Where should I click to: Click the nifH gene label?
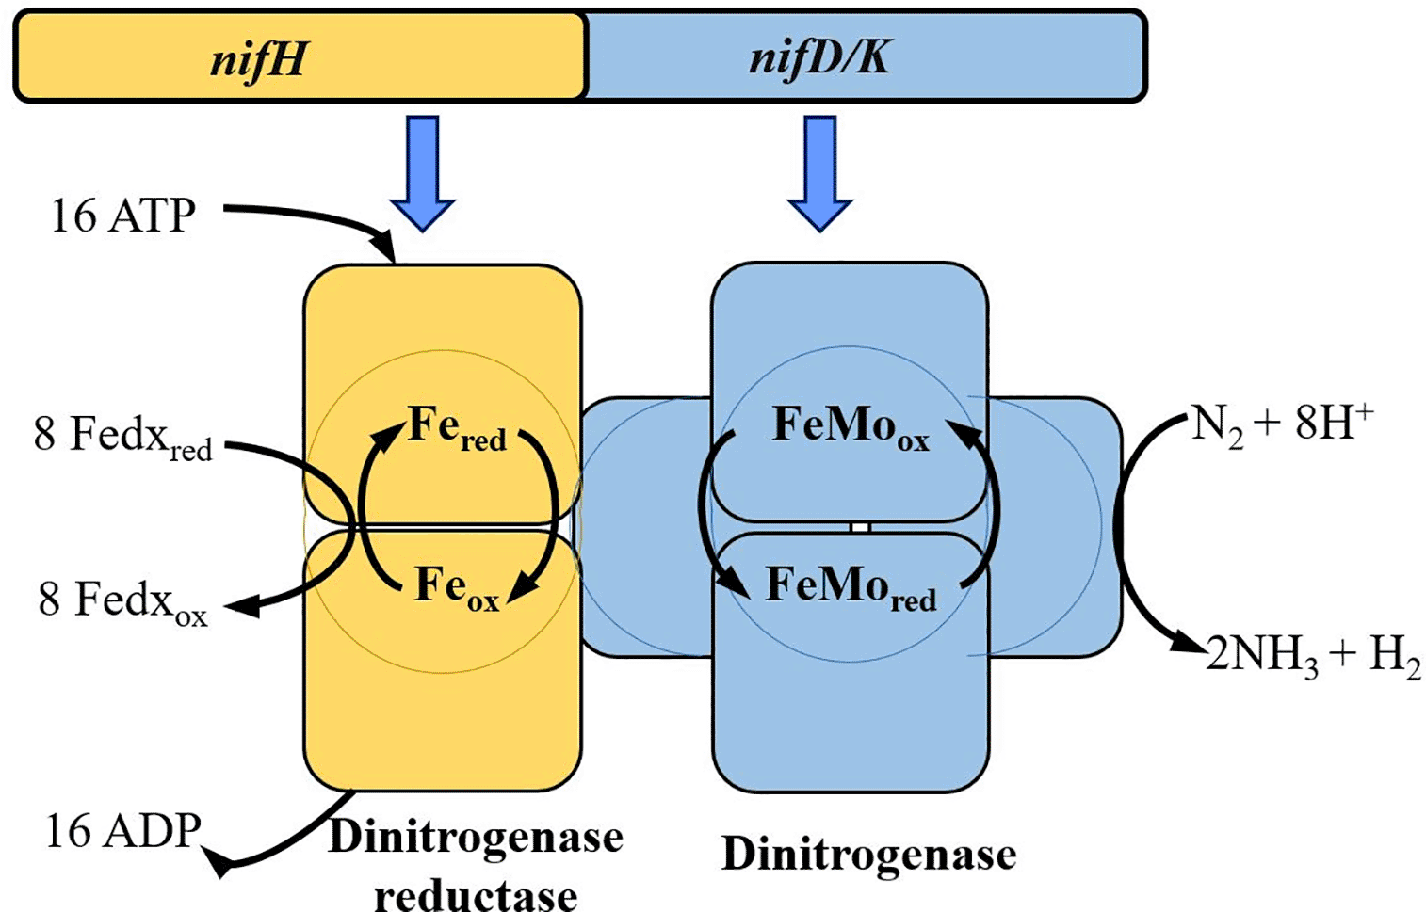(x=258, y=58)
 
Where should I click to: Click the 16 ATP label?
(x=122, y=216)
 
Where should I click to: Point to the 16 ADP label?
(x=123, y=831)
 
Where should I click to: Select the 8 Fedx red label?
(x=122, y=437)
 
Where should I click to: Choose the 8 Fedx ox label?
(x=122, y=600)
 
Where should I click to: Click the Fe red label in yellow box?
(x=457, y=427)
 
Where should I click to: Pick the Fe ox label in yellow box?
(x=457, y=587)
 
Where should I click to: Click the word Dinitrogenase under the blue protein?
(x=868, y=855)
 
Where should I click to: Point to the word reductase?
(x=476, y=894)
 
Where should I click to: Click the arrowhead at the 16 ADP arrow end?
(x=220, y=863)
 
